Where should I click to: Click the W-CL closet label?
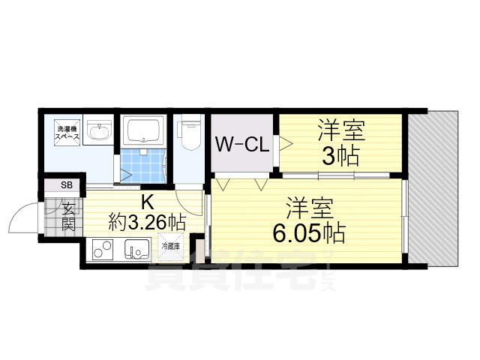click(244, 144)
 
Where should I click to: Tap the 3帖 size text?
click(341, 157)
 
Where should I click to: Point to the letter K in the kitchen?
click(148, 201)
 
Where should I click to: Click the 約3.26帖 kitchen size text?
click(147, 221)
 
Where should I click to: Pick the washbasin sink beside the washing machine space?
click(97, 133)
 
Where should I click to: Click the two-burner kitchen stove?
click(101, 247)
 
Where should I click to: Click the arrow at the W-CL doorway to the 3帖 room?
click(285, 143)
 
